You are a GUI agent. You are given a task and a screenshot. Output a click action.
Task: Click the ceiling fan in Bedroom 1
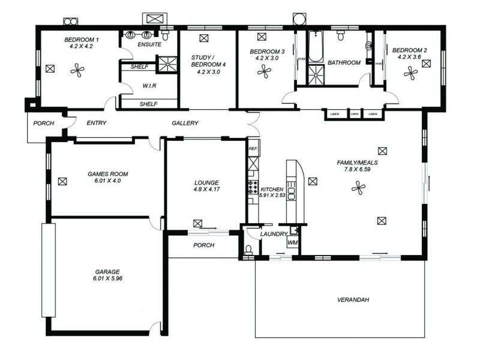76,70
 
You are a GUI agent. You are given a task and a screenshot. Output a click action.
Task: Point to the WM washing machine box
292,242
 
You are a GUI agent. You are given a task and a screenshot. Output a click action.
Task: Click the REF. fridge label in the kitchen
253,148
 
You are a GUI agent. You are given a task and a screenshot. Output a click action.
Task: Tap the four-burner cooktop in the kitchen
253,187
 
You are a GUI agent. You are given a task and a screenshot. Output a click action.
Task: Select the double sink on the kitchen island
292,193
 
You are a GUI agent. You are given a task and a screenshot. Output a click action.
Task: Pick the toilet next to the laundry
248,249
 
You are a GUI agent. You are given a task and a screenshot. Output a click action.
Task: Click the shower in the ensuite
164,64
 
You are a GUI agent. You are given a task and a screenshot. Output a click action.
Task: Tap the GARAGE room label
107,271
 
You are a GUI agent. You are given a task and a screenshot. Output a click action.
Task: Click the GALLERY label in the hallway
185,123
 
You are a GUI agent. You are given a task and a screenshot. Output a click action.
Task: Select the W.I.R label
149,85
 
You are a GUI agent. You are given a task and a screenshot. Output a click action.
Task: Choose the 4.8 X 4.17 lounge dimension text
206,190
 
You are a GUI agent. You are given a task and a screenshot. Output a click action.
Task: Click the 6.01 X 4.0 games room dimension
108,181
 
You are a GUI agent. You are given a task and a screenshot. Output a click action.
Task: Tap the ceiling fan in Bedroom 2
411,73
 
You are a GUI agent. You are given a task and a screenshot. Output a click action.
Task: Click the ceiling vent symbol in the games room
62,180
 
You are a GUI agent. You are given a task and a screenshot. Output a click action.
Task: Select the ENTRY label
97,123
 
